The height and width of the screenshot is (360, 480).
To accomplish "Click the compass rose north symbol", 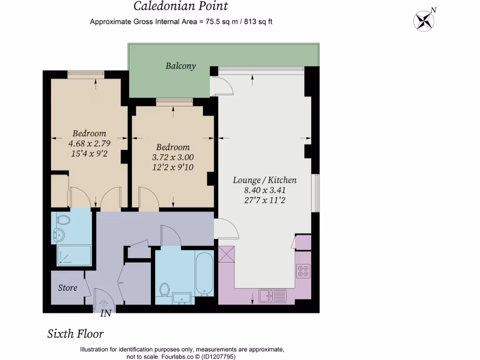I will click(x=425, y=20).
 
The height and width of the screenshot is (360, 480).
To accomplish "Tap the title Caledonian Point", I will click(x=180, y=6).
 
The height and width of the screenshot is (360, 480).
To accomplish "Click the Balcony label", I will click(x=180, y=66).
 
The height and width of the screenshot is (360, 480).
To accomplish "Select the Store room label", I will click(x=67, y=287).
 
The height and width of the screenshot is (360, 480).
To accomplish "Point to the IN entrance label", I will click(x=106, y=314).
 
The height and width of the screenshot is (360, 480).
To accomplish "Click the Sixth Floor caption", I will click(x=75, y=334).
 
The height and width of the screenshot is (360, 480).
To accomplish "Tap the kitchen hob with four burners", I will click(x=303, y=271).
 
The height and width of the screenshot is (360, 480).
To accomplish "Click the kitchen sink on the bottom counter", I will click(x=273, y=296).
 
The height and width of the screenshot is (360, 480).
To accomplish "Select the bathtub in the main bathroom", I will click(x=204, y=275).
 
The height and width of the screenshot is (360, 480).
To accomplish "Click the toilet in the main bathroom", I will click(x=165, y=289).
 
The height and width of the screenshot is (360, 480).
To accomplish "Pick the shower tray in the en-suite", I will click(x=74, y=255).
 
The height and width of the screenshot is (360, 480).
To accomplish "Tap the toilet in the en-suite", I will click(x=63, y=219).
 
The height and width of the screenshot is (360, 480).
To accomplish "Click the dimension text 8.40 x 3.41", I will click(x=264, y=190).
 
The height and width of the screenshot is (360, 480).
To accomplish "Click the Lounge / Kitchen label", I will click(x=264, y=180).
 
